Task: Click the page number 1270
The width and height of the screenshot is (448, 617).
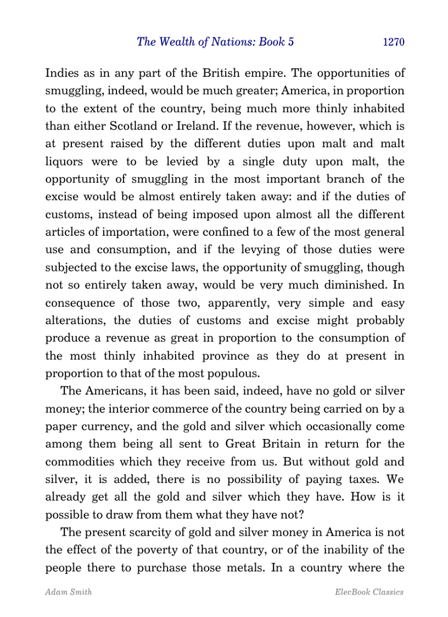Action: (x=393, y=42)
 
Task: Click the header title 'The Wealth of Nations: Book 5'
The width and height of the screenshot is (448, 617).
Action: (x=211, y=42)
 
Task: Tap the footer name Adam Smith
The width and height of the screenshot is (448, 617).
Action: (x=60, y=592)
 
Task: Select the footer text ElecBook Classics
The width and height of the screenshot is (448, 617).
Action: (x=368, y=592)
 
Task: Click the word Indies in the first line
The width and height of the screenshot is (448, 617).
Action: (x=61, y=73)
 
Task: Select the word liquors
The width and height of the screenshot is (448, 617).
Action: (x=64, y=162)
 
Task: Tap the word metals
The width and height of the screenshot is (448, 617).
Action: (x=243, y=568)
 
